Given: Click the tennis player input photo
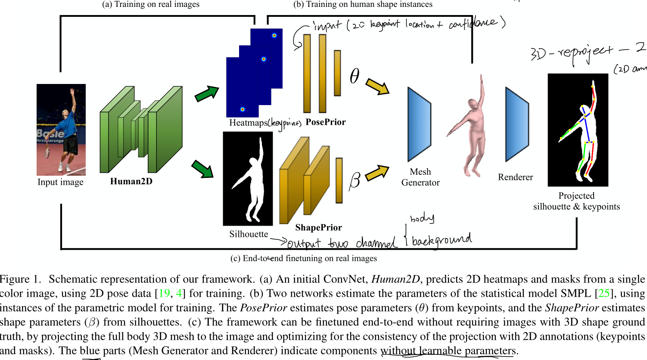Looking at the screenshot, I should click(x=61, y=130).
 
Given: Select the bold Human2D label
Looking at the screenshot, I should click(x=131, y=181).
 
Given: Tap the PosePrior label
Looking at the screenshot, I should click(x=326, y=122).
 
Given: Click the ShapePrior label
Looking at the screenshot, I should click(x=318, y=227).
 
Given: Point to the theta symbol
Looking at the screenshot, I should click(x=354, y=76).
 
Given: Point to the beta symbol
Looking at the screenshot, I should click(x=355, y=180).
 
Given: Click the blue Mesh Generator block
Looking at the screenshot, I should click(x=419, y=124).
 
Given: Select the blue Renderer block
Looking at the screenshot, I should click(x=517, y=124).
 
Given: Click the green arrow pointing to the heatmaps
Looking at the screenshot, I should click(x=207, y=93).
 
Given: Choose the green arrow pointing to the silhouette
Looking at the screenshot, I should click(x=202, y=169).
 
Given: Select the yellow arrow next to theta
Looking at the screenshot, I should click(x=377, y=86).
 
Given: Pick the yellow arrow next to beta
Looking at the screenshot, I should click(x=377, y=173).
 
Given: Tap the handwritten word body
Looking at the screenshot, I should click(x=422, y=218).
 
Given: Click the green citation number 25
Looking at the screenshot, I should click(x=604, y=293).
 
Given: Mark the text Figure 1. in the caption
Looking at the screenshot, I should click(x=20, y=279).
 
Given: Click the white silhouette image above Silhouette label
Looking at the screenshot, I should click(x=248, y=179).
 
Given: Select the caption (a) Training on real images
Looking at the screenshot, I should click(x=151, y=4).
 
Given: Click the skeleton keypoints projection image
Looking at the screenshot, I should click(x=578, y=130).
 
